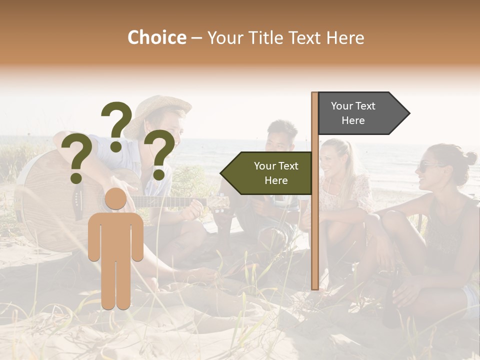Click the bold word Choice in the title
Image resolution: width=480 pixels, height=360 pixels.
[156, 37]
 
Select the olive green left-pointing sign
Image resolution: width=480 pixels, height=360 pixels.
[267, 173]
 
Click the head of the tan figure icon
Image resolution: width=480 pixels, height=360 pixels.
[115, 199]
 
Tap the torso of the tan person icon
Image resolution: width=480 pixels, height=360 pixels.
[115, 235]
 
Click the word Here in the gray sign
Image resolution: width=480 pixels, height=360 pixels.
[353, 120]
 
